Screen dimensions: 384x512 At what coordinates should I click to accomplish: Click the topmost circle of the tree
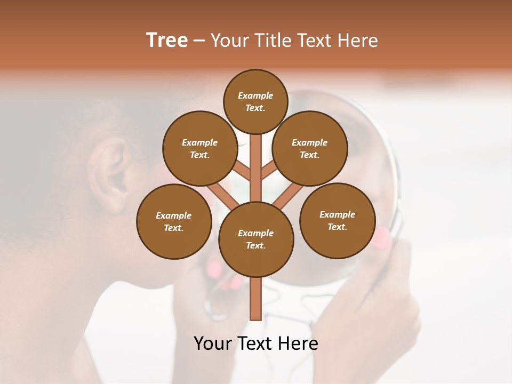point(255,101)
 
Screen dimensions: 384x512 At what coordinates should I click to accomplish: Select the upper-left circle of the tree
point(200,148)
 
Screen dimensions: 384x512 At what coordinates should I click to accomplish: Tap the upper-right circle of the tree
point(310,148)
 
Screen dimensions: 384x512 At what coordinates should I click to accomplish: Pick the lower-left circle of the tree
point(174,221)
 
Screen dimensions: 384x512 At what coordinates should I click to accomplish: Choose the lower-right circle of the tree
point(338,220)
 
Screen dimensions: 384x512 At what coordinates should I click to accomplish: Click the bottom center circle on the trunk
point(256,239)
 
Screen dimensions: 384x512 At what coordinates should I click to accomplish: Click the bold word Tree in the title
point(167,40)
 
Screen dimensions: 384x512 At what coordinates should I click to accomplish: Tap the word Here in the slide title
point(358,41)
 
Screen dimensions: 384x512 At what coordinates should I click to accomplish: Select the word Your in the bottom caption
point(213,343)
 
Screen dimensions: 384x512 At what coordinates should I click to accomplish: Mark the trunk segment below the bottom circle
point(255,299)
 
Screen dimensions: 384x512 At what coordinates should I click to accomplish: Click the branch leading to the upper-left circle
point(243,171)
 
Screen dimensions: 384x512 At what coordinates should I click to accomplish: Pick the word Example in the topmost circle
point(255,95)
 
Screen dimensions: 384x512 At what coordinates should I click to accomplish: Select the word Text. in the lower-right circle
point(337,227)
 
